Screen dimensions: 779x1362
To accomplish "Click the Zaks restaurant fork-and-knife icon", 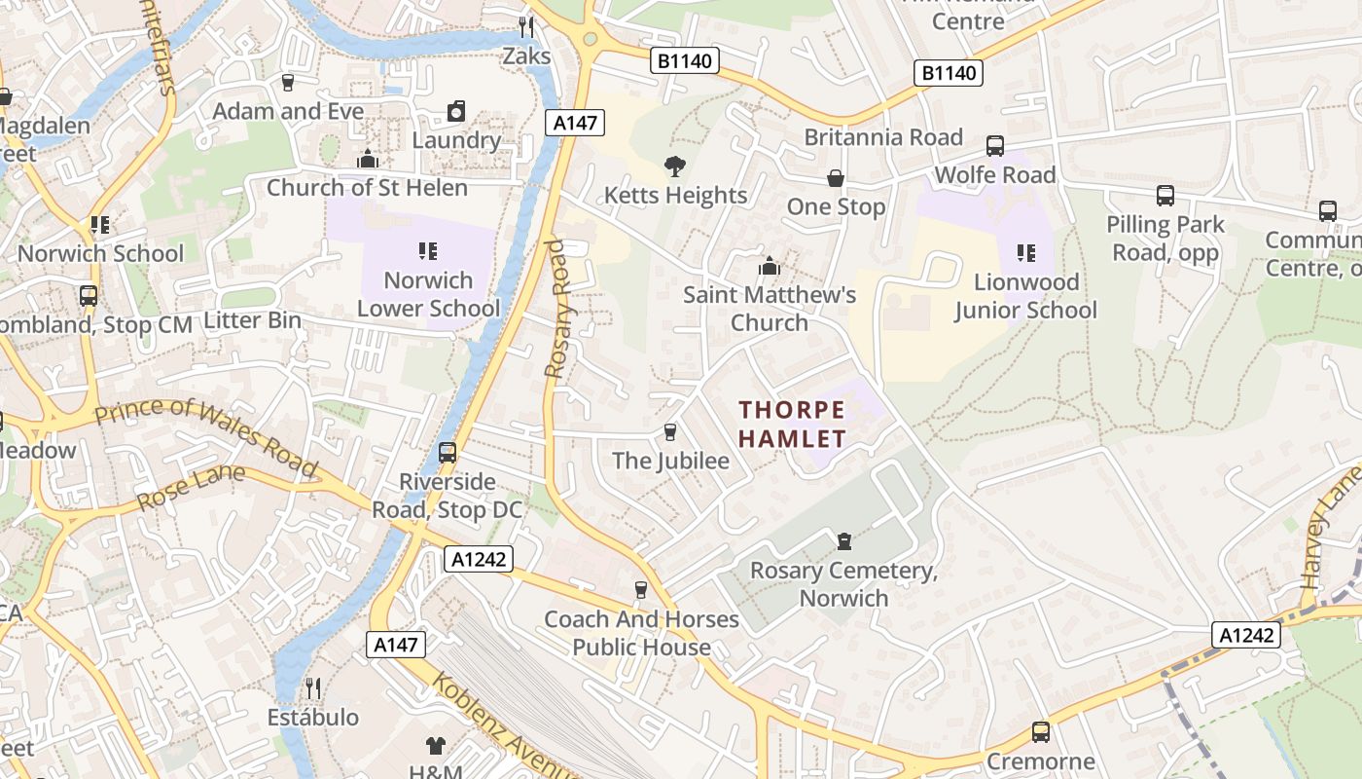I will click(x=526, y=26).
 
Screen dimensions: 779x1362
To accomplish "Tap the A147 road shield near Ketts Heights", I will click(x=575, y=123).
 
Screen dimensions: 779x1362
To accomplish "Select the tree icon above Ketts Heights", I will click(x=673, y=167).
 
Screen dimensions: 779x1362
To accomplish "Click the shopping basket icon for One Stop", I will click(x=836, y=178).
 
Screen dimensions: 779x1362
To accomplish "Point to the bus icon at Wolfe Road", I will click(x=995, y=146).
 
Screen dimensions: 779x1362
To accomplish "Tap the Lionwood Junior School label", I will click(x=1025, y=296).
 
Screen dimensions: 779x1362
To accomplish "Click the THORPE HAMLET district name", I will click(x=792, y=424).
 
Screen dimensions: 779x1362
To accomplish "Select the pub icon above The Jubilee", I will click(x=669, y=431).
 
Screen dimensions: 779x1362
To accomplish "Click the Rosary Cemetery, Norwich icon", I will click(x=844, y=541).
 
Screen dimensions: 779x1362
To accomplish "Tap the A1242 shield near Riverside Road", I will click(x=478, y=559).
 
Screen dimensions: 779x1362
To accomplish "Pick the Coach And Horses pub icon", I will click(x=640, y=590).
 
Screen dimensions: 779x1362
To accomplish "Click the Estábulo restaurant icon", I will click(x=313, y=688).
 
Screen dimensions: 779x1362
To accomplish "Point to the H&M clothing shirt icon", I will click(x=436, y=747).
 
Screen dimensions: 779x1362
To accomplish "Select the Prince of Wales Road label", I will click(x=206, y=435).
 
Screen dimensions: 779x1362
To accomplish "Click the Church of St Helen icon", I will click(x=368, y=159).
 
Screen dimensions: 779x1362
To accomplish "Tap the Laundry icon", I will click(x=456, y=112).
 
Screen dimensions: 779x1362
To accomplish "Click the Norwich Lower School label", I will click(x=428, y=294).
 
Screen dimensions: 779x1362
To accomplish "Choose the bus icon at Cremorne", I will click(x=1041, y=732).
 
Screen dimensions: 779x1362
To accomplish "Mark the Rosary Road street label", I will click(x=557, y=309).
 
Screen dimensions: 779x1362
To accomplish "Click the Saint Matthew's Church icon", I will click(x=770, y=266).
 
